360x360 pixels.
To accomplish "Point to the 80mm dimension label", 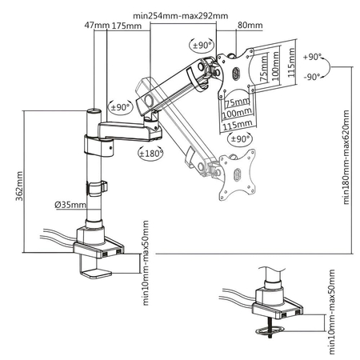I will [x=247, y=25].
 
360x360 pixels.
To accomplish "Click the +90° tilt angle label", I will [x=313, y=58].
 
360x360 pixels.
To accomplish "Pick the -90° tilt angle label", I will [x=313, y=77].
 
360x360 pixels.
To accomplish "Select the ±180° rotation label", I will [x=150, y=152].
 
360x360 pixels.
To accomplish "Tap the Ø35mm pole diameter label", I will [x=70, y=205].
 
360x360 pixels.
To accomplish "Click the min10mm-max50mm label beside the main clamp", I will [x=147, y=262].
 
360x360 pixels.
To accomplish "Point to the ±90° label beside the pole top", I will [x=121, y=106].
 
